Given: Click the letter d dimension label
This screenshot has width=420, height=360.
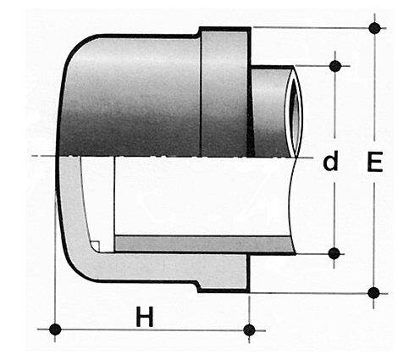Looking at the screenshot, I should tap(330, 161).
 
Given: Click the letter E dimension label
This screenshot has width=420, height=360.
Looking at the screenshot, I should tap(373, 161).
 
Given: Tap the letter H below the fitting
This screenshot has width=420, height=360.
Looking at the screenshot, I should tap(146, 318).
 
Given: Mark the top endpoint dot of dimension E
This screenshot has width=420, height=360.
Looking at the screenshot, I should tap(374, 28).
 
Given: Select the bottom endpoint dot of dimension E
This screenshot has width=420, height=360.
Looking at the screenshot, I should tap(374, 292).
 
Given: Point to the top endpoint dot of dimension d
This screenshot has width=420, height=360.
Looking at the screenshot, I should tap(335, 65).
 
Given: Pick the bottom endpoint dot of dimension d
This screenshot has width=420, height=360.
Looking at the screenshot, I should tap(335, 252).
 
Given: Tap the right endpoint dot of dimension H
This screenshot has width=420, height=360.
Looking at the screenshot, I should tap(248, 329).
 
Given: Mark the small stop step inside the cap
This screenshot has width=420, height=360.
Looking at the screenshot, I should tap(97, 246).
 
